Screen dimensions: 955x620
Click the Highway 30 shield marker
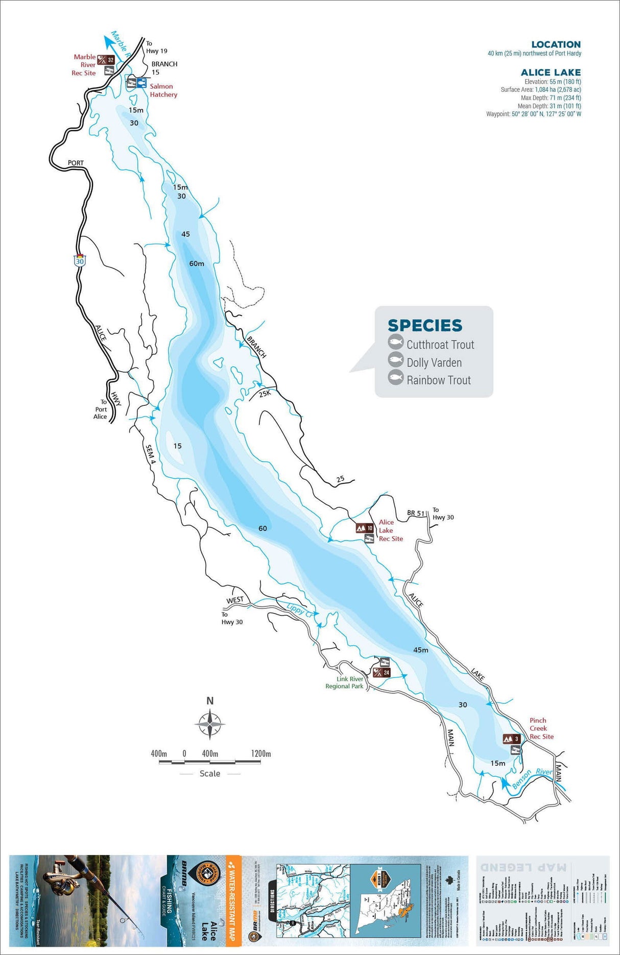(x=80, y=260)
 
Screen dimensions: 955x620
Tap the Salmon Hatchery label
(x=163, y=90)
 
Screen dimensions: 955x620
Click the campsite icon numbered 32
(x=106, y=60)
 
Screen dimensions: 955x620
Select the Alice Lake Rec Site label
(x=390, y=530)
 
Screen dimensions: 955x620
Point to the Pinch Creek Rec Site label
(x=541, y=728)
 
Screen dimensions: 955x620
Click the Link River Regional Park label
(x=344, y=682)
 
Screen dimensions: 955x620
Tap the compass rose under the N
(x=209, y=723)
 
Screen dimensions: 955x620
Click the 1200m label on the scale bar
(x=260, y=753)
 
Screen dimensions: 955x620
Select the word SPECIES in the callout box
(x=424, y=325)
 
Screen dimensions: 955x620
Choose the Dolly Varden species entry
(x=434, y=362)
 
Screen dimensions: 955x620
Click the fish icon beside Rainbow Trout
(x=395, y=378)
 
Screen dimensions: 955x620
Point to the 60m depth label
(x=197, y=263)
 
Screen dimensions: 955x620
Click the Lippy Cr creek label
(x=299, y=609)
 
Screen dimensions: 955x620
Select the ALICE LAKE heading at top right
(x=551, y=72)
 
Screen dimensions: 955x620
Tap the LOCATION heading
(x=556, y=44)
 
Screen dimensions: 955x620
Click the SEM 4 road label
(x=150, y=454)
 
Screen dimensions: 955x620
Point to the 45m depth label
(x=420, y=650)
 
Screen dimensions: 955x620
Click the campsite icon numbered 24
(x=382, y=672)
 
